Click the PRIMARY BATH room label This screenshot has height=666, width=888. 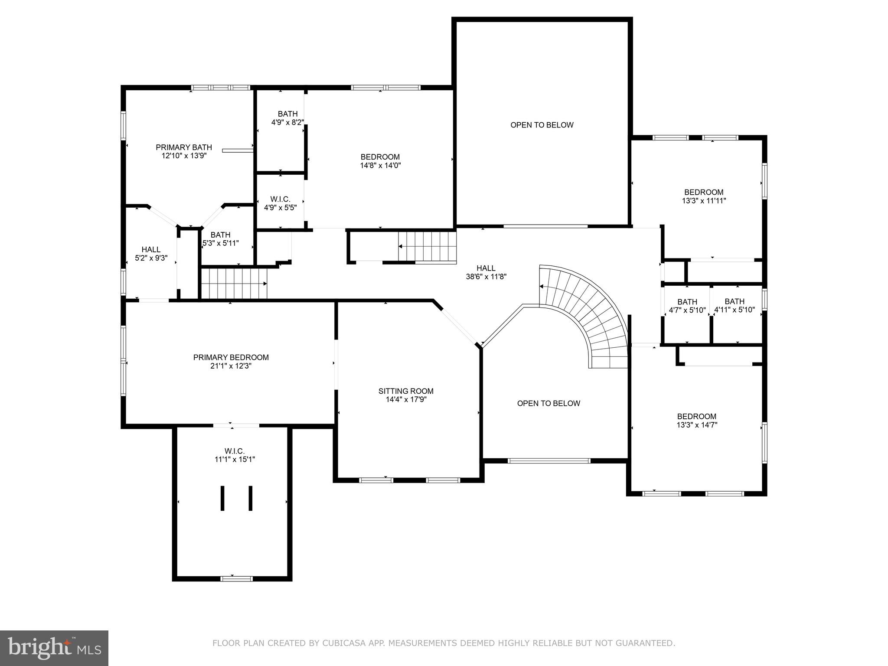pyautogui.click(x=184, y=147)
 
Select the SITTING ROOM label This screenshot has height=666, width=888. pyautogui.click(x=406, y=391)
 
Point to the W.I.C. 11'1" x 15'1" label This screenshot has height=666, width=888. pyautogui.click(x=235, y=455)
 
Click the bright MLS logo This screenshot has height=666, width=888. pyautogui.click(x=54, y=648)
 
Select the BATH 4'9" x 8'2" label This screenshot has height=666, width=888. pyautogui.click(x=287, y=118)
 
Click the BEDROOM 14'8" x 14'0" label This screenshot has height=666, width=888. pyautogui.click(x=380, y=161)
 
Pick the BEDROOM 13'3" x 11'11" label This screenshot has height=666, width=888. pyautogui.click(x=703, y=196)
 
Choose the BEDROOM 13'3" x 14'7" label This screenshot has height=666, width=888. pyautogui.click(x=696, y=421)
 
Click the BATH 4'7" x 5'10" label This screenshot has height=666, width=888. pyautogui.click(x=687, y=306)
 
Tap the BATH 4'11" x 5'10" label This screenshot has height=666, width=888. pyautogui.click(x=734, y=305)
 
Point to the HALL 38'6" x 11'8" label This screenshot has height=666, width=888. pyautogui.click(x=486, y=272)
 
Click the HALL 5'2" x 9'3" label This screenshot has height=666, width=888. pyautogui.click(x=151, y=254)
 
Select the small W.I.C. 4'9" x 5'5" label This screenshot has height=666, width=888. pyautogui.click(x=280, y=203)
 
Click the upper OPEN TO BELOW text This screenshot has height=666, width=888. pyautogui.click(x=542, y=125)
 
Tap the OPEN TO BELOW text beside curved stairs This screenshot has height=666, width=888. pyautogui.click(x=548, y=403)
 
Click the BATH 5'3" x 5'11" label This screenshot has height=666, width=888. pyautogui.click(x=220, y=239)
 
